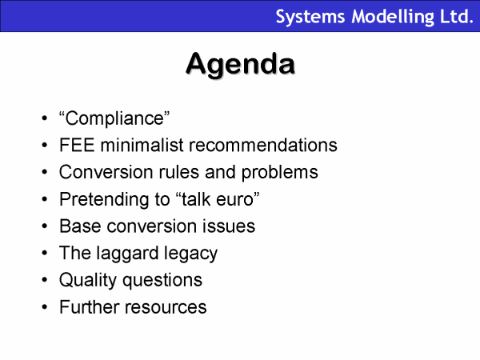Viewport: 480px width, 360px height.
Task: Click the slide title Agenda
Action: [241, 65]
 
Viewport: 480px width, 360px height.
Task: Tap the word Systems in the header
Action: [310, 17]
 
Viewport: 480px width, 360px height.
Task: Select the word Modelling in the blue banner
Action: [393, 17]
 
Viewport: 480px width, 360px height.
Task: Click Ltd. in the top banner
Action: [457, 17]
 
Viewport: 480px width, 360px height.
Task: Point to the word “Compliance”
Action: [114, 118]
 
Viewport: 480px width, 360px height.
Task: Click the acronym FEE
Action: [77, 145]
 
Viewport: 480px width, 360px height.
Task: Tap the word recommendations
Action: [263, 145]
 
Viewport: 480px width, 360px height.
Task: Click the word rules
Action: [178, 172]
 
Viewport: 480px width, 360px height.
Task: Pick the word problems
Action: [280, 173]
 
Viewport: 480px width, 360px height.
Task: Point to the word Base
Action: [80, 226]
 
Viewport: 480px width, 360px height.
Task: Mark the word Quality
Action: [87, 281]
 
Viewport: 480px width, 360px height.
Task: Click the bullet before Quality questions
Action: [45, 280]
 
